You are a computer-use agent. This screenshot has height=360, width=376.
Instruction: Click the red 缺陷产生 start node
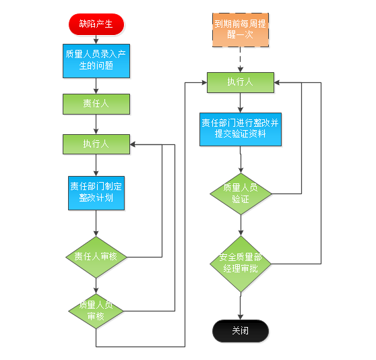click(x=96, y=24)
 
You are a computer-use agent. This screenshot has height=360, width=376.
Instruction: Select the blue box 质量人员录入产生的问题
click(x=96, y=61)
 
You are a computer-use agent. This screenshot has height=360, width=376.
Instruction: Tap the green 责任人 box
click(x=96, y=104)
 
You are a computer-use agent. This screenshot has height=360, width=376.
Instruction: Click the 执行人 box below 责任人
click(x=96, y=144)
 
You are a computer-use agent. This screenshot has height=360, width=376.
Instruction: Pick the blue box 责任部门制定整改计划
click(x=96, y=193)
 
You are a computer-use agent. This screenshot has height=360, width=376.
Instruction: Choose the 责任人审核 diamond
click(x=96, y=257)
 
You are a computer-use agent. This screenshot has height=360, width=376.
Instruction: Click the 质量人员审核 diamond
click(x=96, y=311)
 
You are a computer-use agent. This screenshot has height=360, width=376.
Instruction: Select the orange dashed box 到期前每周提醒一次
click(x=241, y=30)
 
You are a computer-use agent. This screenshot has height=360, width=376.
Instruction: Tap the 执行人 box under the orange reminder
click(x=241, y=82)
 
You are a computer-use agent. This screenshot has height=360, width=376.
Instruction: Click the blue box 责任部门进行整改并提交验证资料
click(x=241, y=129)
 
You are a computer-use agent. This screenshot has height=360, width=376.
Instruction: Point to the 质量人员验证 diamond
click(x=241, y=193)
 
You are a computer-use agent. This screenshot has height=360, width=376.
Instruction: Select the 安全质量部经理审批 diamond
click(x=241, y=264)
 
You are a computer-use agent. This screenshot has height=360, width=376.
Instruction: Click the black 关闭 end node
click(x=241, y=331)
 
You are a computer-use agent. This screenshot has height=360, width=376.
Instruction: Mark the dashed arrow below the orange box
click(x=241, y=59)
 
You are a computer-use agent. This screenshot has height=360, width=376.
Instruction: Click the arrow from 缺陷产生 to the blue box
click(x=96, y=40)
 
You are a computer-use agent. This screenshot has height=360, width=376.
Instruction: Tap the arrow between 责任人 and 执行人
click(x=96, y=124)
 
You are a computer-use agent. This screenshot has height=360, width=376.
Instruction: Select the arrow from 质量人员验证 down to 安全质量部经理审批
click(x=241, y=225)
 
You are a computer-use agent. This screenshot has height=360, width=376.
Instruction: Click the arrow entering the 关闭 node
click(x=241, y=306)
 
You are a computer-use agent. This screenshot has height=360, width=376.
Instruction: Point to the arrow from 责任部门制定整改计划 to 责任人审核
click(x=96, y=223)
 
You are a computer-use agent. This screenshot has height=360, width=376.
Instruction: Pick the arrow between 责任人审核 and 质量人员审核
click(x=96, y=286)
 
